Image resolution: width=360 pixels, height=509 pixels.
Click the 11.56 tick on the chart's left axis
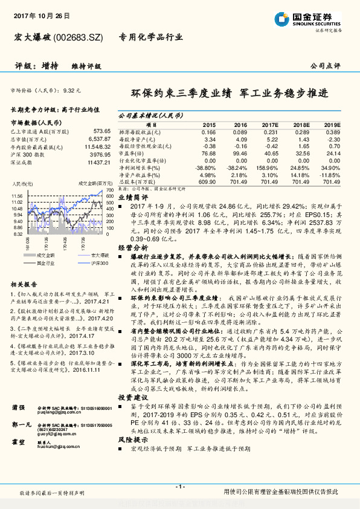17,196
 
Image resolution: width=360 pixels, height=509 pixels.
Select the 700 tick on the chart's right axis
109,190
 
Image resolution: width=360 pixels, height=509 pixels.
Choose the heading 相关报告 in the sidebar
25,284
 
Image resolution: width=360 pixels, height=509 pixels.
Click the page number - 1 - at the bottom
179,487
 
